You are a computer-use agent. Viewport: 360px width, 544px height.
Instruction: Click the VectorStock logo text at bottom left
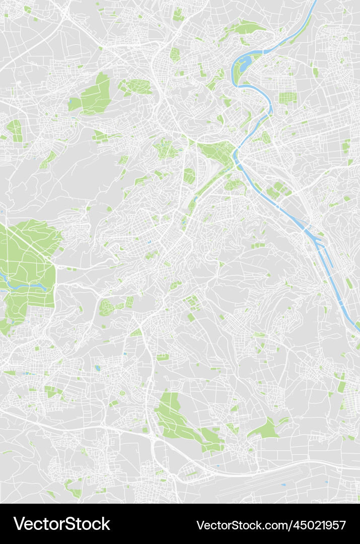61,524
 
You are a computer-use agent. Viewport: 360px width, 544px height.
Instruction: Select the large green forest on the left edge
28,267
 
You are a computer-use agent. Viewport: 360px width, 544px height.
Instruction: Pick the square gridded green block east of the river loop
287,98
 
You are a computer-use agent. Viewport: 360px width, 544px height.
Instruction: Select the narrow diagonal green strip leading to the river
206,186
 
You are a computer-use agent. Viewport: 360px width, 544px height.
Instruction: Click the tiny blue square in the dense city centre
150,242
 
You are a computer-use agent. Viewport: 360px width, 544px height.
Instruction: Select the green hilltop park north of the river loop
247,28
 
